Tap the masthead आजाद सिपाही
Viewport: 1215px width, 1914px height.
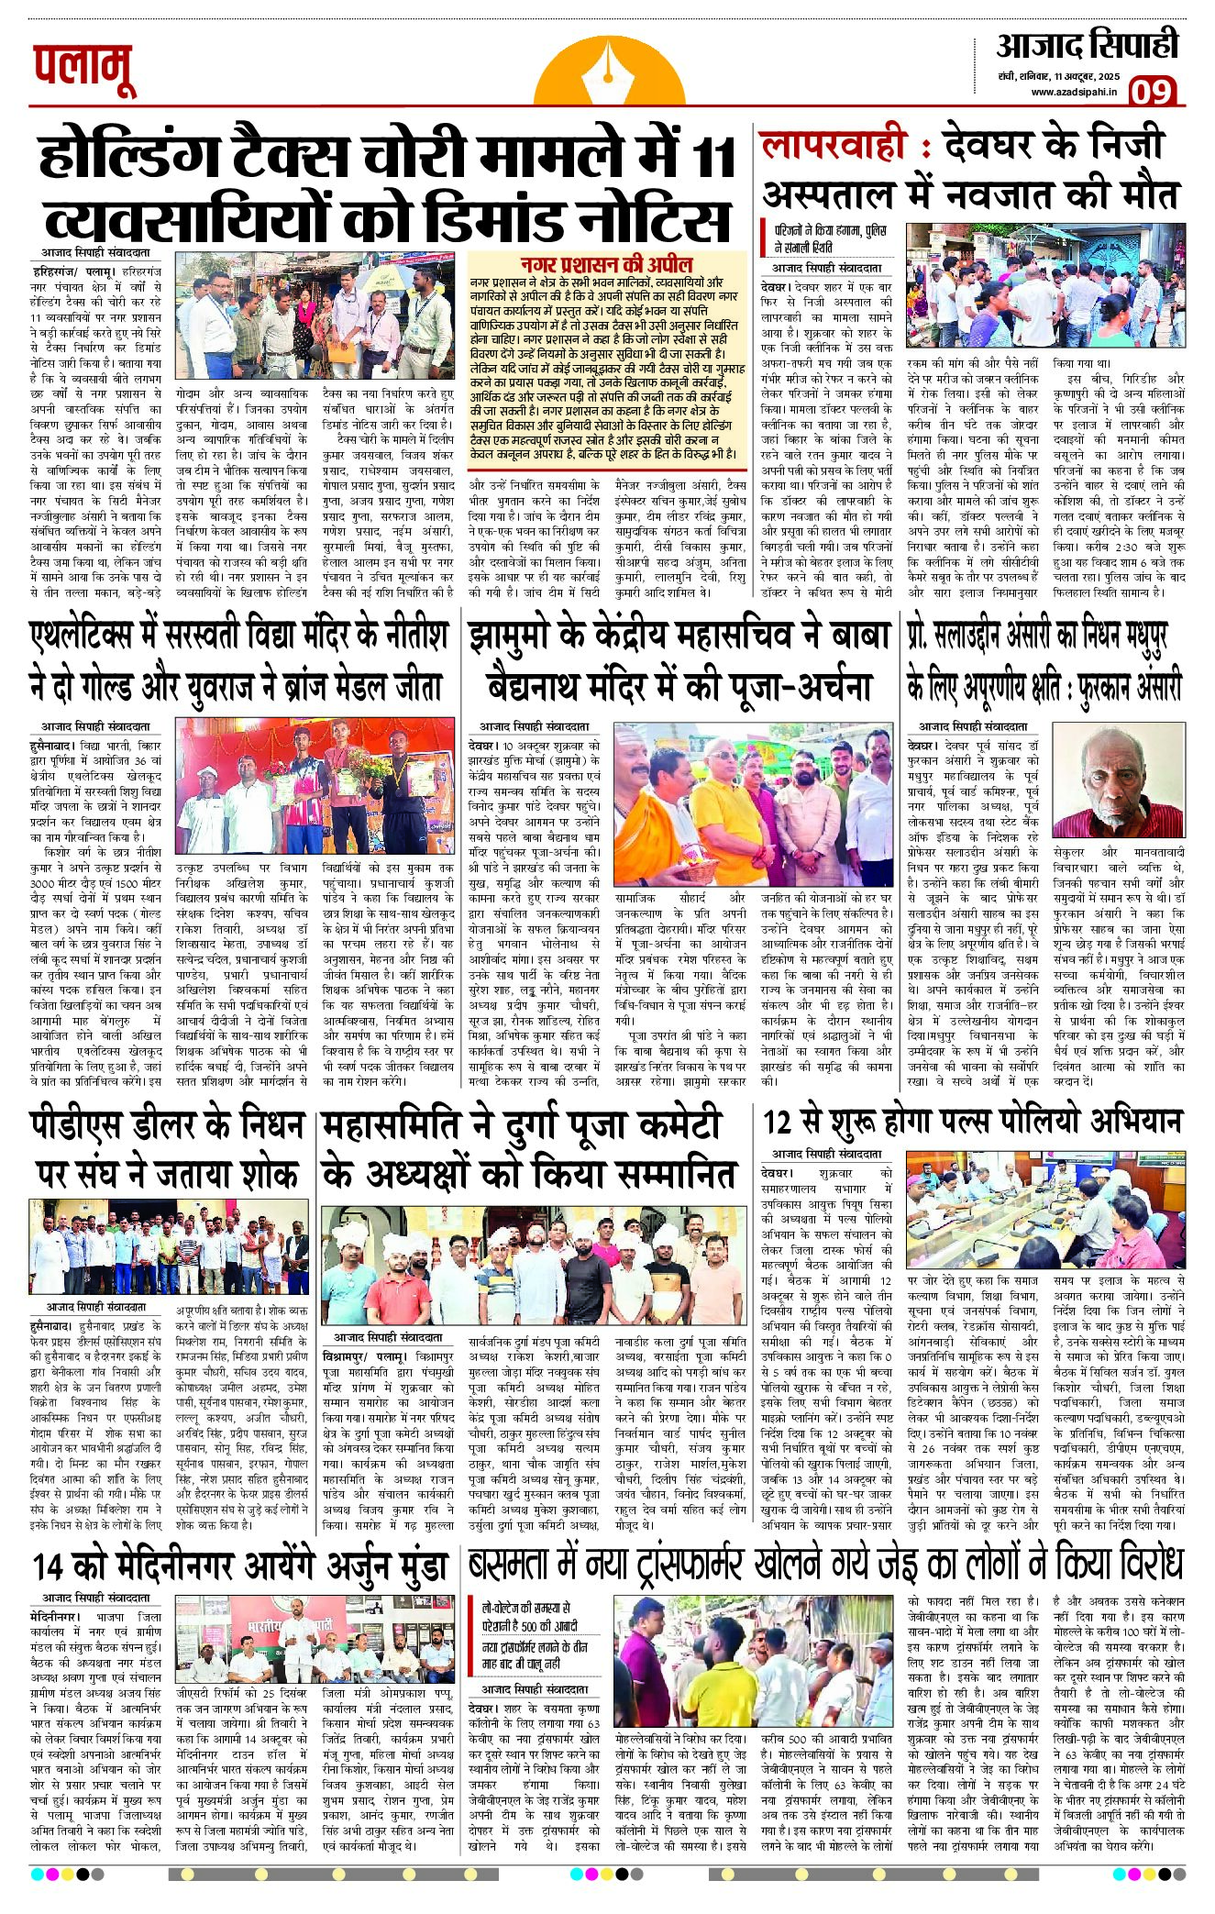pos(1087,46)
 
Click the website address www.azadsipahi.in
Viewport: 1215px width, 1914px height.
pos(1073,92)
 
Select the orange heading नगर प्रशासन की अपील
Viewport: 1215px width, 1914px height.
pos(606,264)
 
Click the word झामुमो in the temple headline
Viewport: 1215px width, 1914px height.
pos(517,636)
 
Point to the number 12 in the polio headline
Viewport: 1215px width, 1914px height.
pos(778,1122)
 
